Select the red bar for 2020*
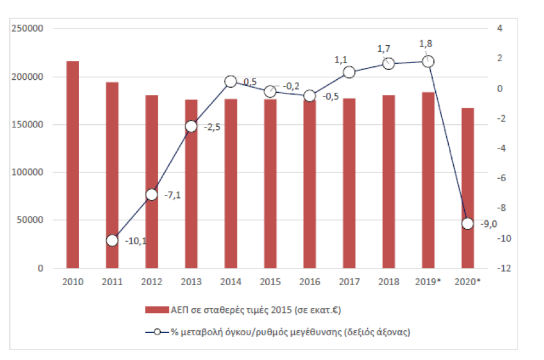pyautogui.click(x=467, y=188)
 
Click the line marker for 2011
pyautogui.click(x=112, y=241)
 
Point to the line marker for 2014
pyautogui.click(x=231, y=82)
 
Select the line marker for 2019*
pyautogui.click(x=428, y=61)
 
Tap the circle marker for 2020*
pyautogui.click(x=467, y=223)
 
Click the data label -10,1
pyautogui.click(x=135, y=241)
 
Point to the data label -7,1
pyautogui.click(x=173, y=195)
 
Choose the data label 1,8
pyautogui.click(x=426, y=43)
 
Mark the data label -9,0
pyautogui.click(x=489, y=224)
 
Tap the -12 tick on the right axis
pyautogui.click(x=501, y=268)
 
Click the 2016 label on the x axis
pyautogui.click(x=309, y=281)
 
